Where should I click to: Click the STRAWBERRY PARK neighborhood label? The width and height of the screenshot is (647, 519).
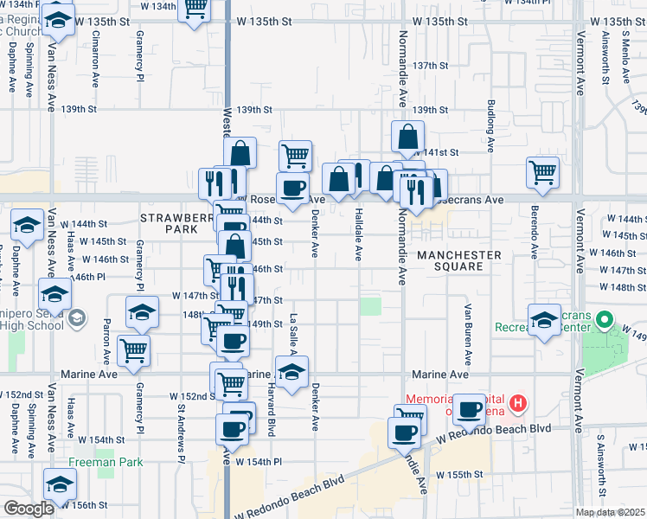[176, 221]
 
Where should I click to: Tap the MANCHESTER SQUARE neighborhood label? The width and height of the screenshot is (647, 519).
[458, 260]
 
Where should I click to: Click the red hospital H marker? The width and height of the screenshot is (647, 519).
[518, 402]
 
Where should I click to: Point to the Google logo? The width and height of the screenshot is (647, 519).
[29, 509]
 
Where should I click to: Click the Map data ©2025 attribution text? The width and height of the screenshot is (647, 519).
[610, 512]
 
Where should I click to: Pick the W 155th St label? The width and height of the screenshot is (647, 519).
[458, 475]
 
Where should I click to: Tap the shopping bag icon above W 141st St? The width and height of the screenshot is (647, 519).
[407, 136]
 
